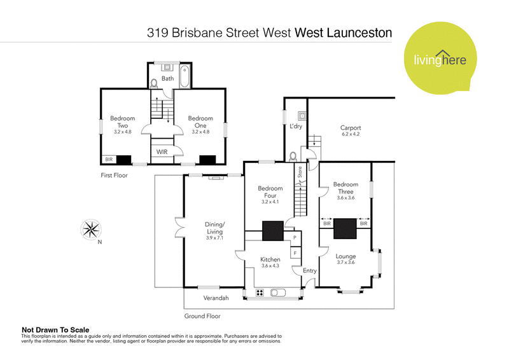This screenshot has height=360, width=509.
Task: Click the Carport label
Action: (x=351, y=131)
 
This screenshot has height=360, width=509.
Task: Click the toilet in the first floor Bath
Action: (x=155, y=83)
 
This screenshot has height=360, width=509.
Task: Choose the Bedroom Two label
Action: (x=122, y=121)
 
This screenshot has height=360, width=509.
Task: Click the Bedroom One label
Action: (x=200, y=121)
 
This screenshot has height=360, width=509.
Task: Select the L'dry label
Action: (x=295, y=127)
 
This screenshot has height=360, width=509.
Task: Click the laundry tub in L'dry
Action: (x=303, y=116)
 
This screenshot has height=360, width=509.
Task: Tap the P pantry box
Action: (x=295, y=238)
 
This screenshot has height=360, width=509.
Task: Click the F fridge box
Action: (x=295, y=253)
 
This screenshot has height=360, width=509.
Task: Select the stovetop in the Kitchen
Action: (x=260, y=293)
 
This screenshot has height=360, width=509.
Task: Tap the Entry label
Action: (x=309, y=271)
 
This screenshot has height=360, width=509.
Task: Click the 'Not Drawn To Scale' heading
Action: (x=53, y=330)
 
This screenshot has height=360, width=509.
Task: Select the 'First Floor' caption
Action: (x=115, y=174)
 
